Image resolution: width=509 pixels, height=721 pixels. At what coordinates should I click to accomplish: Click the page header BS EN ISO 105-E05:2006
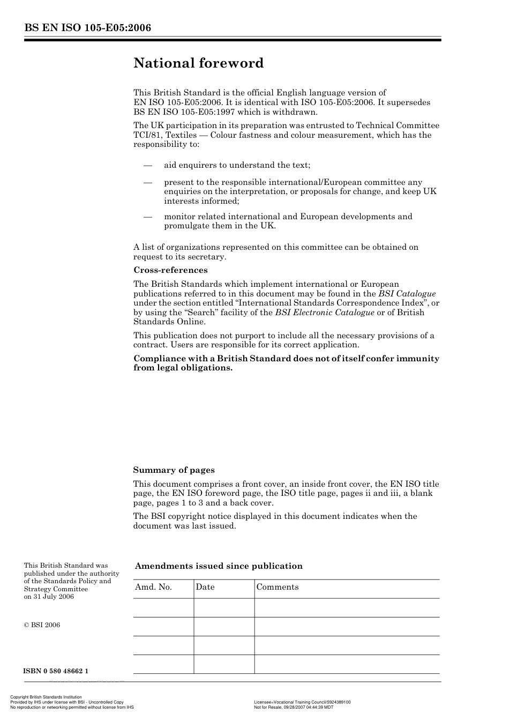[87, 28]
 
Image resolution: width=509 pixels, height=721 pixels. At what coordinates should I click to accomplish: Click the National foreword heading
[198, 63]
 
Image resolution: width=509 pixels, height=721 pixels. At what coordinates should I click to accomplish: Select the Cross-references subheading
[170, 270]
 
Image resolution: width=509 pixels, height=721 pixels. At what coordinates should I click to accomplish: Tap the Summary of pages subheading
[174, 470]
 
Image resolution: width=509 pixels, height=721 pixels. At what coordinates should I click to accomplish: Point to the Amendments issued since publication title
[219, 566]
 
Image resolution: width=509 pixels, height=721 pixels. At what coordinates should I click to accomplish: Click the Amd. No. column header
[153, 587]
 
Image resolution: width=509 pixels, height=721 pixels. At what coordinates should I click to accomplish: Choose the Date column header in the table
[205, 587]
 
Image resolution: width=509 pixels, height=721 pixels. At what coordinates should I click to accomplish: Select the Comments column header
[277, 587]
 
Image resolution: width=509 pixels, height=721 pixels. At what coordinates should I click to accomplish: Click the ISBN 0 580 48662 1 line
[56, 671]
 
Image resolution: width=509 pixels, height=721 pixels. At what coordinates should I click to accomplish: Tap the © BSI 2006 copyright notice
[42, 625]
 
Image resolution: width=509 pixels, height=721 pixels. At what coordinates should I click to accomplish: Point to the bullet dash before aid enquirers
[148, 165]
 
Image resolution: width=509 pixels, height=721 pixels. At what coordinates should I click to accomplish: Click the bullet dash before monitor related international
[148, 217]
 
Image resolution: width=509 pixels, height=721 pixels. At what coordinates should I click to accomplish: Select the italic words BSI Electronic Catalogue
[325, 313]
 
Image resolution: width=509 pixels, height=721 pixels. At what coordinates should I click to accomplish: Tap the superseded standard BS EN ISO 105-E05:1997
[179, 112]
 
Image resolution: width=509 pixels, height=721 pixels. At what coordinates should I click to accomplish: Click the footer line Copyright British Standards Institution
[46, 697]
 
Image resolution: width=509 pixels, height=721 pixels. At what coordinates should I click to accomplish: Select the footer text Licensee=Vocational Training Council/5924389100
[302, 702]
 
